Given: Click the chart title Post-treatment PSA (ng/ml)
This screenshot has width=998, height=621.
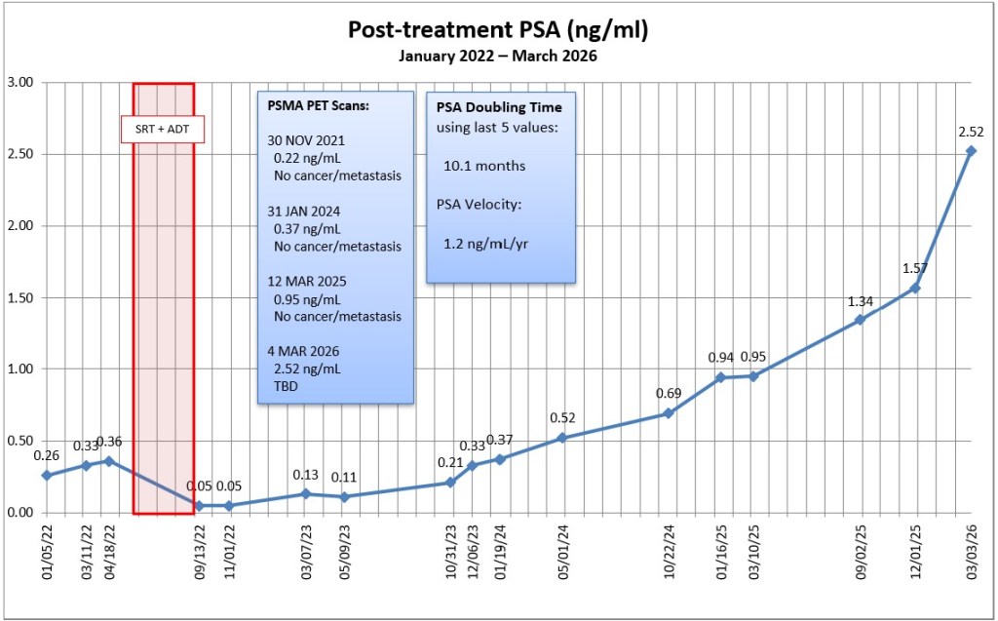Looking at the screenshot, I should pos(498,30).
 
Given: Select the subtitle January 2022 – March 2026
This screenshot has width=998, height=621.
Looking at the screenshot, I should pos(498,56).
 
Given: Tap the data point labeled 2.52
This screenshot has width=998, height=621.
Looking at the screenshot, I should pos(971,151).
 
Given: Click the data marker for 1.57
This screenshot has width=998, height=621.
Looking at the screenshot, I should pos(915,288).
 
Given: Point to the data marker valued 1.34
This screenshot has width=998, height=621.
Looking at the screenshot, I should pos(860,320).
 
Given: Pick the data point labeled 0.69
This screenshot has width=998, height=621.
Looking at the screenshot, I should pos(668,413).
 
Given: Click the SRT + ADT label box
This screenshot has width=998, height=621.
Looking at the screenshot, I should pos(162,129).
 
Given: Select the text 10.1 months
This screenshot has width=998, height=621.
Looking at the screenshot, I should pos(484,166).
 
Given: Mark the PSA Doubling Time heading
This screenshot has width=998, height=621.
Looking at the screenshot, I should pos(499,106).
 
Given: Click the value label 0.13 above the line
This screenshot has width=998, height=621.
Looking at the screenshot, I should pos(307,475).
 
